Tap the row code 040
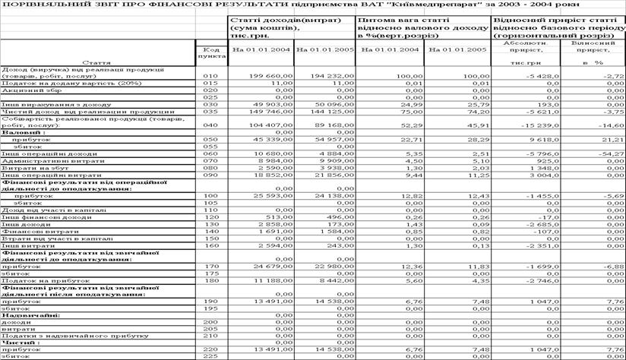[210, 125]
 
